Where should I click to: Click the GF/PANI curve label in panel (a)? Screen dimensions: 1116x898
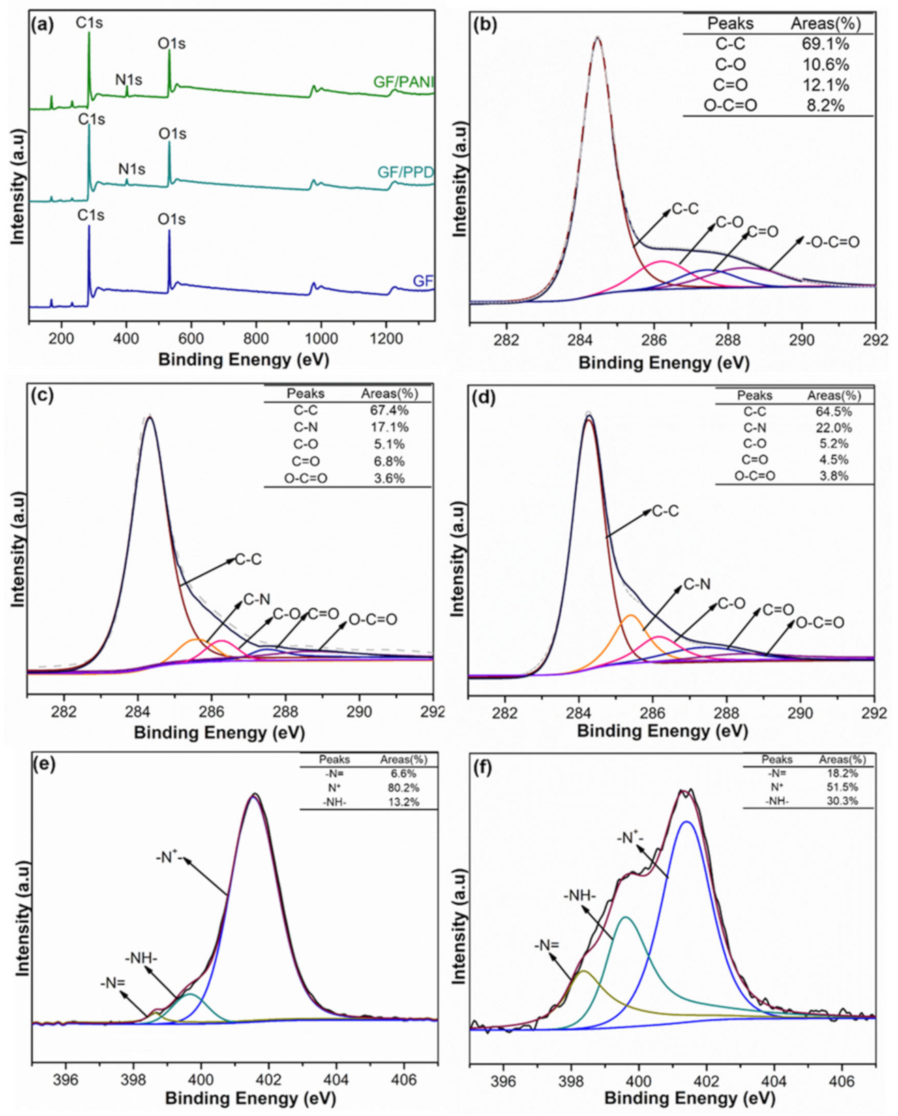point(404,82)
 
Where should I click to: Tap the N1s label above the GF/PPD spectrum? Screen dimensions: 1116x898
point(132,169)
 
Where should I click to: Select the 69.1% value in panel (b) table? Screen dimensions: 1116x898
point(825,44)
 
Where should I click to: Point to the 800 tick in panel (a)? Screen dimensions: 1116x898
point(256,339)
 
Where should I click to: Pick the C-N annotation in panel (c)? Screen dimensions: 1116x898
point(257,600)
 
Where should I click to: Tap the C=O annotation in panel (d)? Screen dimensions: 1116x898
point(778,610)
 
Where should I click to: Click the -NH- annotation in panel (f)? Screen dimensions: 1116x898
point(580,895)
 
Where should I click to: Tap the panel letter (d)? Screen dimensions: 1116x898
point(484,397)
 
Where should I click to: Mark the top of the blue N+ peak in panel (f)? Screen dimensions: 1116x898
point(687,822)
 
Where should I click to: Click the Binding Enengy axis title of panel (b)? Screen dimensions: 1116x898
point(663,362)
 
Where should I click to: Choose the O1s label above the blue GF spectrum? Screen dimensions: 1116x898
point(171,219)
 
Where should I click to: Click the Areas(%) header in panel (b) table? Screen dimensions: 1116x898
point(825,24)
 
